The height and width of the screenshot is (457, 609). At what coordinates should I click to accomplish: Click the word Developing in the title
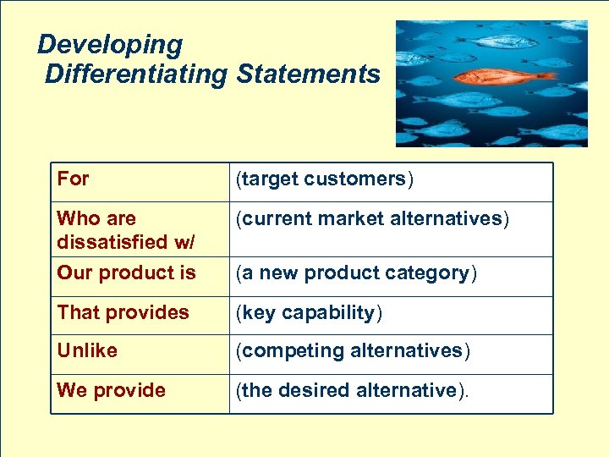point(110,44)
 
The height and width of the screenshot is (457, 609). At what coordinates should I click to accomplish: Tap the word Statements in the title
point(309,74)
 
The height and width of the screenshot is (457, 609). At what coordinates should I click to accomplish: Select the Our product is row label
point(126,273)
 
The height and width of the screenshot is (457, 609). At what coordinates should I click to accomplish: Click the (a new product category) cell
point(356,273)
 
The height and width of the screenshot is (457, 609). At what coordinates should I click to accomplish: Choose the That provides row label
point(123,312)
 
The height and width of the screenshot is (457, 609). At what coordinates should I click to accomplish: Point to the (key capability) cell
point(309,312)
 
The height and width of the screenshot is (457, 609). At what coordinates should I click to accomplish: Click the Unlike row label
point(87,350)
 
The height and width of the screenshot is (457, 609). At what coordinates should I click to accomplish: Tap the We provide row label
point(111,390)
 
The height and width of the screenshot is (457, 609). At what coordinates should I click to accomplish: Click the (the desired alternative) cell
point(350,390)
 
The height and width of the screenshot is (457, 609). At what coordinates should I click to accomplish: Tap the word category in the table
point(435,273)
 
